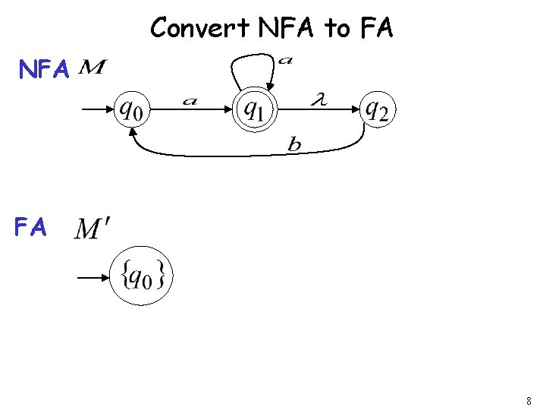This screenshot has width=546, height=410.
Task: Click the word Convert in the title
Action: tap(200, 28)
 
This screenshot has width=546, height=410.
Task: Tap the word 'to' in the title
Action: tap(337, 29)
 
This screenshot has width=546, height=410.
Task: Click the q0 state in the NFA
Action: tap(132, 112)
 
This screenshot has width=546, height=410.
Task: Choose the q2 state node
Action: tap(377, 111)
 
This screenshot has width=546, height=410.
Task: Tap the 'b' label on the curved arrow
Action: tap(294, 145)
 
